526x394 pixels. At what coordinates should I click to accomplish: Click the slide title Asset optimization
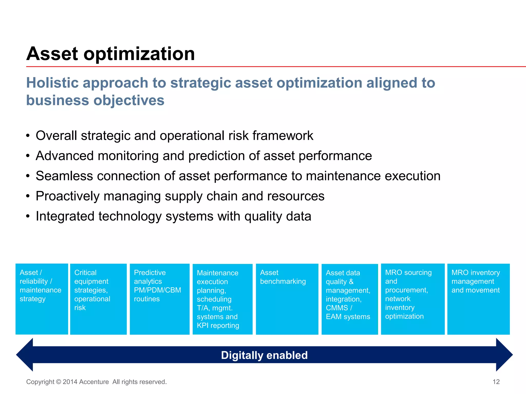110,54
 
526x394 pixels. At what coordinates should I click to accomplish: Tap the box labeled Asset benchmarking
287,299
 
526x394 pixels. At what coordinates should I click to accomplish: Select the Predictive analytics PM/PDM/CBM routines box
159,299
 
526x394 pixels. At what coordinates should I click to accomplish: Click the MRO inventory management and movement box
478,299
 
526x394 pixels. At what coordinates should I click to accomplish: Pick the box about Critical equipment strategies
98,299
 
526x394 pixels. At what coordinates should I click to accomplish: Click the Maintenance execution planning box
222,299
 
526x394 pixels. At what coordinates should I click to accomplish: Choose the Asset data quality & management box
350,299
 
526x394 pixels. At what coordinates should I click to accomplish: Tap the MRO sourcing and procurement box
412,299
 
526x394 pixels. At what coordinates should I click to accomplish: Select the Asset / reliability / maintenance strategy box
42,299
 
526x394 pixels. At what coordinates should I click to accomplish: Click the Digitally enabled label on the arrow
264,355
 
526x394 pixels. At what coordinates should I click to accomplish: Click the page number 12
496,382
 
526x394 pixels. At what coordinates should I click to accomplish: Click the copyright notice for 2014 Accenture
96,382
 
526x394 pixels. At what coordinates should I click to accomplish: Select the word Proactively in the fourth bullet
67,196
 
